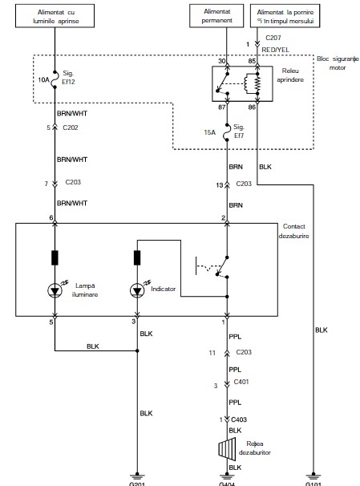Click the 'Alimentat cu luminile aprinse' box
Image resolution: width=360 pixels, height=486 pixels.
pyautogui.click(x=55, y=16)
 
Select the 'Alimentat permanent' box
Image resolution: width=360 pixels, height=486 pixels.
pyautogui.click(x=216, y=16)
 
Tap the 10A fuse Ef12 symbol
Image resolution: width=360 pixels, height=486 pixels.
pyautogui.click(x=55, y=79)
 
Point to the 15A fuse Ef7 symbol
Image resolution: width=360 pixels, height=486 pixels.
pyautogui.click(x=227, y=132)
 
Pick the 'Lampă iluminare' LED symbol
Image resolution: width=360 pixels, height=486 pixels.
pyautogui.click(x=55, y=291)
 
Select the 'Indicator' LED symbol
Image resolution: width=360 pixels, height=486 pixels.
pyautogui.click(x=137, y=291)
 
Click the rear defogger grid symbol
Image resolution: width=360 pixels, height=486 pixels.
pyautogui.click(x=227, y=449)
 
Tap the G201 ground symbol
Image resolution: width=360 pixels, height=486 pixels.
pyautogui.click(x=137, y=476)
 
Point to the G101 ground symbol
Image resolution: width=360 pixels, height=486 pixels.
pyautogui.click(x=313, y=476)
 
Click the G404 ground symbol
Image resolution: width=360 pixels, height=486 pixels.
pyautogui.click(x=227, y=476)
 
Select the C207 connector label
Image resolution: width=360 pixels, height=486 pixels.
pyautogui.click(x=273, y=38)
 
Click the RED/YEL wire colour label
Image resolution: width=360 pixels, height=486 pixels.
pyautogui.click(x=276, y=50)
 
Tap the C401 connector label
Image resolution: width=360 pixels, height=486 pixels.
pyautogui.click(x=241, y=382)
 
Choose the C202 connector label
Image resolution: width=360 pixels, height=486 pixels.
pyautogui.click(x=71, y=128)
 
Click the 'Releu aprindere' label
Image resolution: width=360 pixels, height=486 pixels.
pyautogui.click(x=290, y=75)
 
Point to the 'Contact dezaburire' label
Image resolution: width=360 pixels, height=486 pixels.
pyautogui.click(x=293, y=231)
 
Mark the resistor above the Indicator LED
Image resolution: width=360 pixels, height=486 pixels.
pyautogui.click(x=137, y=258)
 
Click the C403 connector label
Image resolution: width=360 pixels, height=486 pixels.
pyautogui.click(x=239, y=419)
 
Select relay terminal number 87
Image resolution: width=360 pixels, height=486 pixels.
pyautogui.click(x=222, y=107)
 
